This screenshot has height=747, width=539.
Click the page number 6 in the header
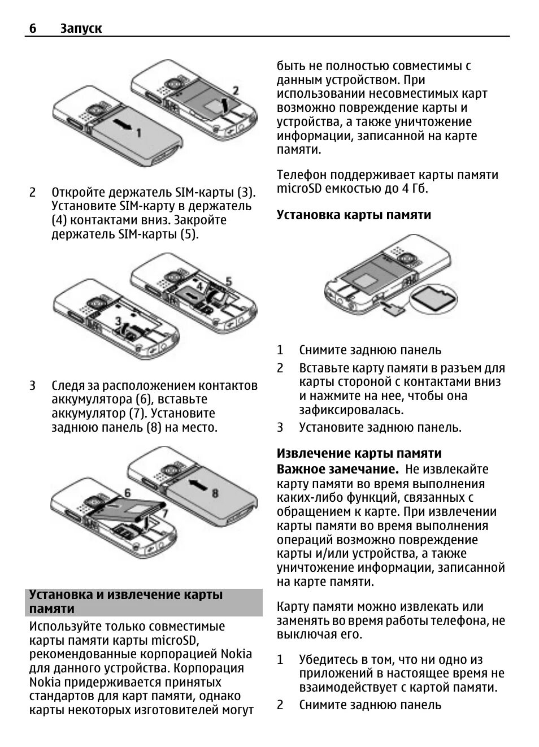point(33,28)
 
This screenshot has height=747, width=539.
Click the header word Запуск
point(81,28)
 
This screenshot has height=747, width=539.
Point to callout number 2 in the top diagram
point(236,90)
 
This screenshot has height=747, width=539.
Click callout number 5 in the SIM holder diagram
point(228,281)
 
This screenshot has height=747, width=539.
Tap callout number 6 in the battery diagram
point(127,493)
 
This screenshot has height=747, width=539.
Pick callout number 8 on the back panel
point(215,493)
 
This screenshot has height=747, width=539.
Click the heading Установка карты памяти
point(354,215)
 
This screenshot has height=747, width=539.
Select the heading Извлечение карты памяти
point(359,453)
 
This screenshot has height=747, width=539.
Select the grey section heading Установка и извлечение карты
point(126,594)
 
